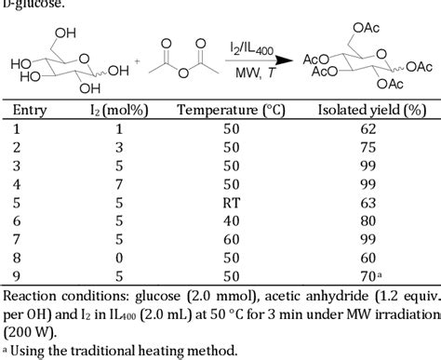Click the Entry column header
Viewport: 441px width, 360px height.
(30, 110)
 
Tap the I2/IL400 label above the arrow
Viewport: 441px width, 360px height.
(251, 47)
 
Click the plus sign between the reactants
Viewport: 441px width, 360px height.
(138, 62)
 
